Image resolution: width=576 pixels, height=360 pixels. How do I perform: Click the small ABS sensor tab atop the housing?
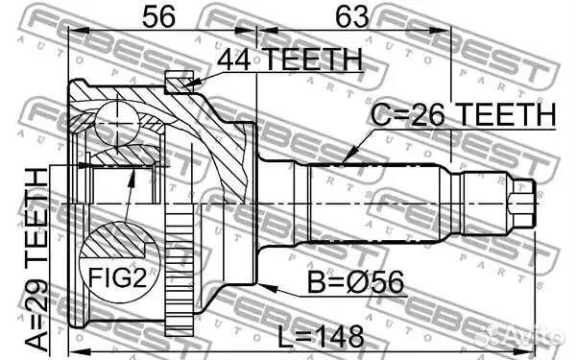tap(179, 84)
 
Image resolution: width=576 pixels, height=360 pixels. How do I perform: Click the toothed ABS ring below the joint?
tap(180, 269)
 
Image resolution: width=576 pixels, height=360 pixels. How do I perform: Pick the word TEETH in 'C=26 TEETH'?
tap(505, 115)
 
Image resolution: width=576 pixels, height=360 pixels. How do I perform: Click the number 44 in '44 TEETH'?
tap(233, 60)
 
